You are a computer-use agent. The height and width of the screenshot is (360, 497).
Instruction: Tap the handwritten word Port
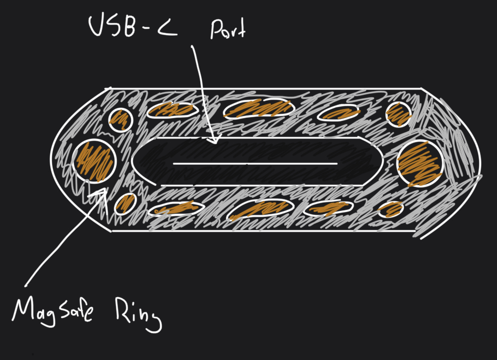pyautogui.click(x=227, y=30)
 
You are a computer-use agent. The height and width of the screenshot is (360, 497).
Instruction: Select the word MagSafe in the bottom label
pyautogui.click(x=53, y=310)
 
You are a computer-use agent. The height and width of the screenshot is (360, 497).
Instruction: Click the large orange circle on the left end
pyautogui.click(x=94, y=161)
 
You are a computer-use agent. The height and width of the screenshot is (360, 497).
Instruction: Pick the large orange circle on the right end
pyautogui.click(x=420, y=163)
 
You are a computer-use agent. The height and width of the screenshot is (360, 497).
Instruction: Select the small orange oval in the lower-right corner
pyautogui.click(x=391, y=209)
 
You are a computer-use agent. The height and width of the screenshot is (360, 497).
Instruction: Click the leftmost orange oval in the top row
pyautogui.click(x=170, y=109)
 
